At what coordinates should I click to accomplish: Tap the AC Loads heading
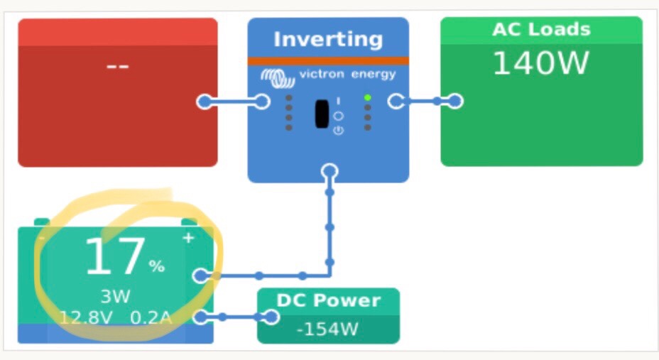pos(541,30)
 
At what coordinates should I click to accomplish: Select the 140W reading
pos(541,63)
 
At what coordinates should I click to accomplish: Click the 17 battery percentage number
pos(114,258)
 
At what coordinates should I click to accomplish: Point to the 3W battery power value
pos(115,296)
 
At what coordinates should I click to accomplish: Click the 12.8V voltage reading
pos(85,317)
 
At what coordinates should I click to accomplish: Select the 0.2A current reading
pos(151,317)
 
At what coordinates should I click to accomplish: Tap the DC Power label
pos(328,300)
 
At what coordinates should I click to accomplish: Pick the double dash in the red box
pos(117,66)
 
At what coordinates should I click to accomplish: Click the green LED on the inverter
pos(367,97)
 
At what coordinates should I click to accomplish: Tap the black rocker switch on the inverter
pos(322,114)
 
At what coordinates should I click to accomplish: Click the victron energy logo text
pos(347,75)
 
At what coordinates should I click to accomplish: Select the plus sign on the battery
pos(188,238)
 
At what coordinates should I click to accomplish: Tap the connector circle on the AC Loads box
pos(455,102)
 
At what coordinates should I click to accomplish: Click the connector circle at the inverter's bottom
pos(329,171)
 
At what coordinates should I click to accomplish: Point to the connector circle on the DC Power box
pos(271,317)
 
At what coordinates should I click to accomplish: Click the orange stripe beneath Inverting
pos(328,60)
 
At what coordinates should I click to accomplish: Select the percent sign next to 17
pos(156,266)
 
